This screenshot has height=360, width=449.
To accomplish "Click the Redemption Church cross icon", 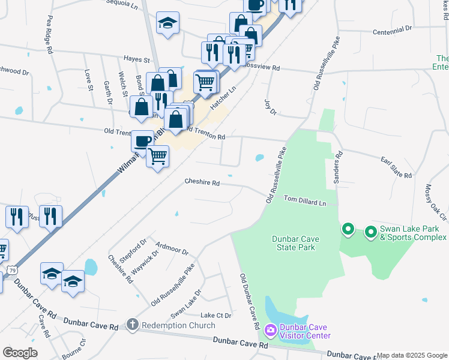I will [132, 325].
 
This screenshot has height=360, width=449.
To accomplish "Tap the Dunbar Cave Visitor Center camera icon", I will [270, 330].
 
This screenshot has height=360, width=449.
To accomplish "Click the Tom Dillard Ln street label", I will [304, 200].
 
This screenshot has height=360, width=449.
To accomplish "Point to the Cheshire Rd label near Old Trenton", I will [202, 182].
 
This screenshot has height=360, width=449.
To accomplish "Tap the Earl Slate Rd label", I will [397, 167].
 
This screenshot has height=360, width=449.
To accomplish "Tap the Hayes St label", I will [136, 59].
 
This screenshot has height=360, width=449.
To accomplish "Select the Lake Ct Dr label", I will [215, 316].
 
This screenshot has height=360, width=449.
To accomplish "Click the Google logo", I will [20, 353].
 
